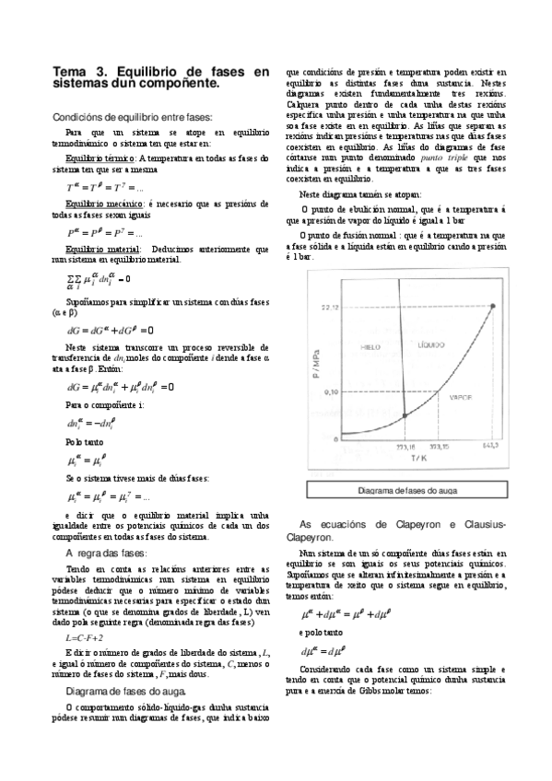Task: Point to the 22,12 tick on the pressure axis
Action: pyautogui.click(x=331, y=307)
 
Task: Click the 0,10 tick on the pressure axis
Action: pyautogui.click(x=332, y=392)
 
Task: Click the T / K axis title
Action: pyautogui.click(x=418, y=458)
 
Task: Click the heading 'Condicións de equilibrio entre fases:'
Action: pyautogui.click(x=133, y=117)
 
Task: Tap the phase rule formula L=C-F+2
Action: pyautogui.click(x=85, y=637)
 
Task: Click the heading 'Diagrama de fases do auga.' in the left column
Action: pyautogui.click(x=130, y=690)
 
